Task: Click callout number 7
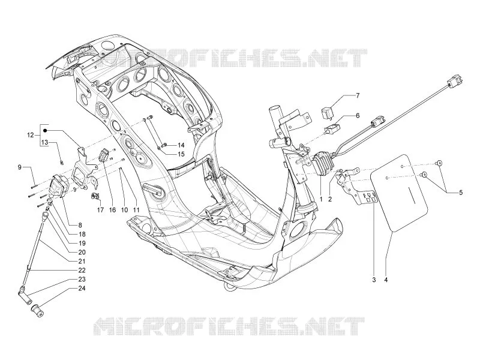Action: pyautogui.click(x=358, y=96)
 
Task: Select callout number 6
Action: pyautogui.click(x=358, y=116)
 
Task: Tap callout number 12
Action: pyautogui.click(x=31, y=134)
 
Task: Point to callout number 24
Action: pyautogui.click(x=82, y=289)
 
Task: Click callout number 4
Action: pyautogui.click(x=386, y=280)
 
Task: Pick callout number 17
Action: pyautogui.click(x=100, y=209)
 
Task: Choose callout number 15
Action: pyautogui.click(x=181, y=154)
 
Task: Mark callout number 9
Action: pyautogui.click(x=20, y=167)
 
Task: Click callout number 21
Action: pyautogui.click(x=82, y=262)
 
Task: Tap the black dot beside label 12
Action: pyautogui.click(x=45, y=131)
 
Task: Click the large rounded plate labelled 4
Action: pyautogui.click(x=399, y=193)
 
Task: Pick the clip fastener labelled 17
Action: pyautogui.click(x=95, y=196)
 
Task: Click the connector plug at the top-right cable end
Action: pyautogui.click(x=455, y=80)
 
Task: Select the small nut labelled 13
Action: pyautogui.click(x=61, y=163)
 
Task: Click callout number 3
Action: pyautogui.click(x=374, y=280)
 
